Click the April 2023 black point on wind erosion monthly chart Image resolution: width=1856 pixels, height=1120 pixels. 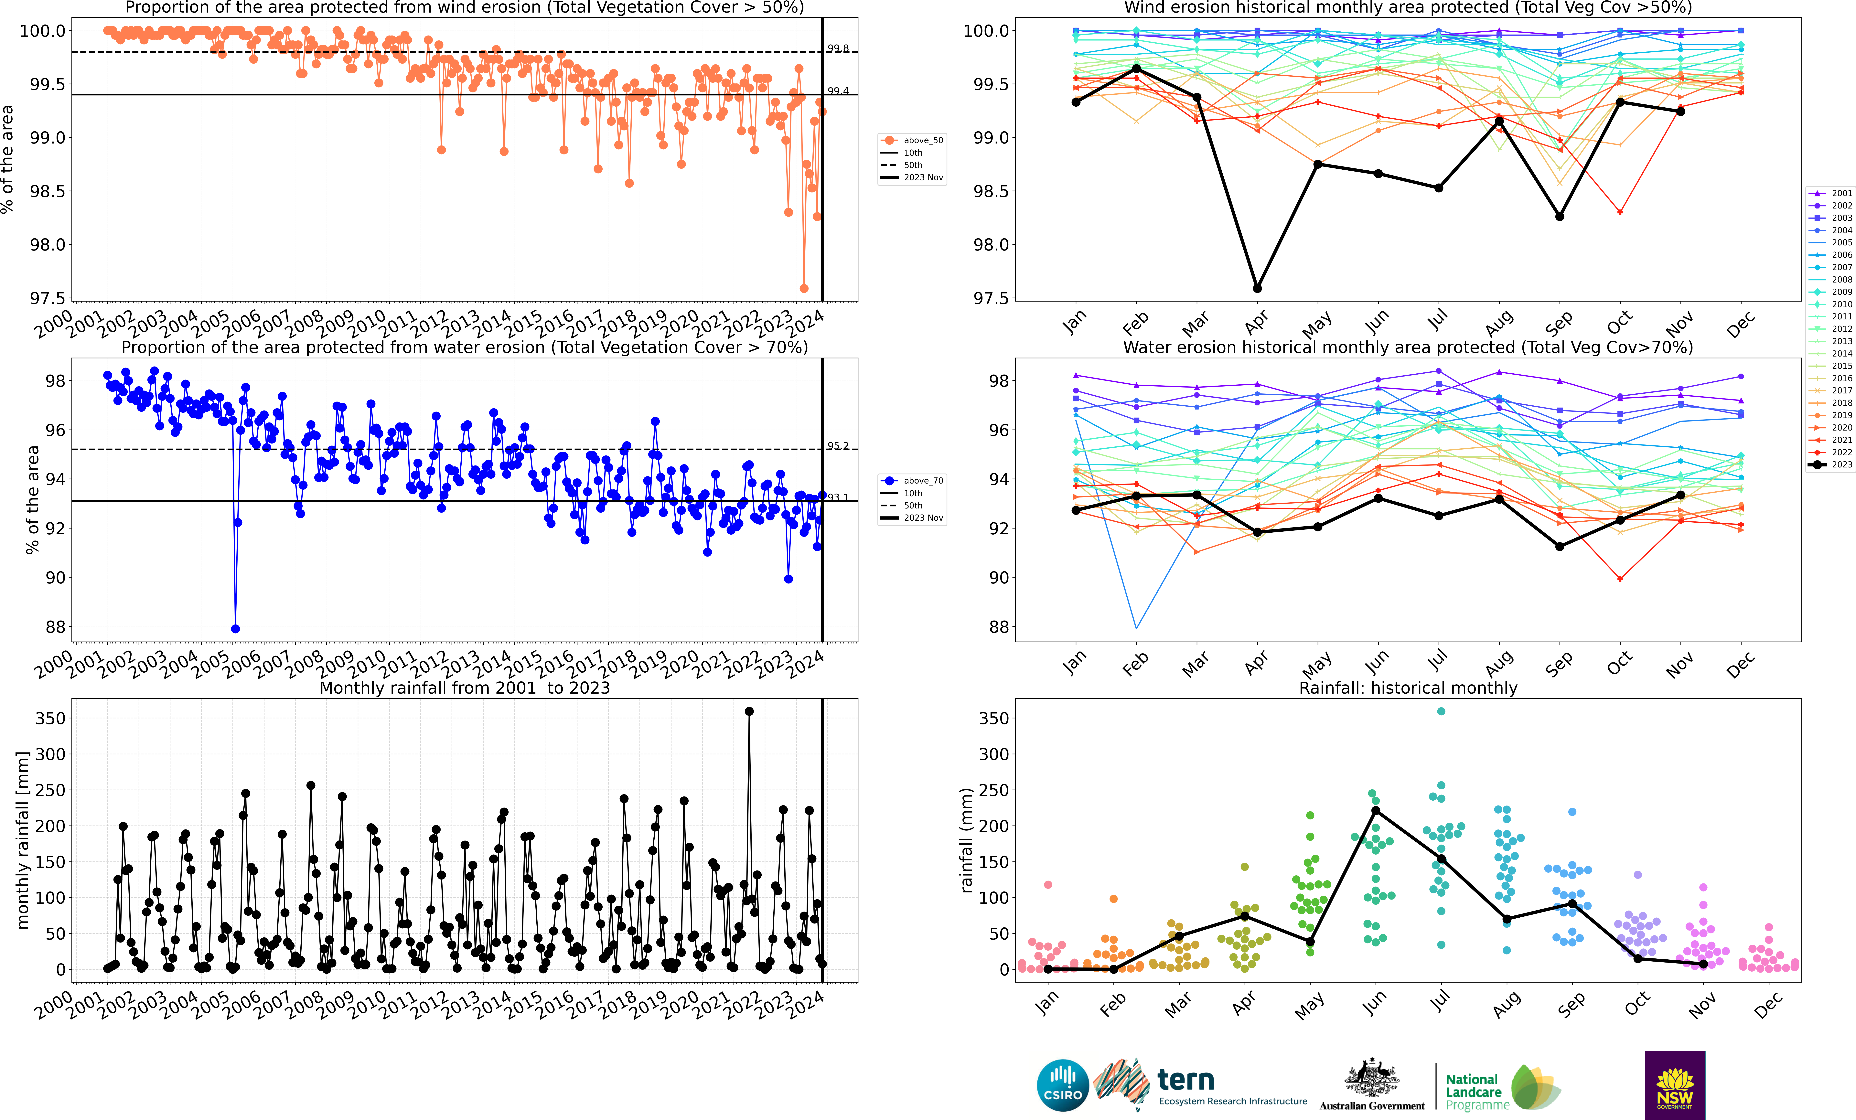tap(1257, 288)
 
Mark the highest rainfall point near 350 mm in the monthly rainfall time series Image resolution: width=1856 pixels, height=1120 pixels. tap(749, 711)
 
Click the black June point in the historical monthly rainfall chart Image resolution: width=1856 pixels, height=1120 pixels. tap(1375, 810)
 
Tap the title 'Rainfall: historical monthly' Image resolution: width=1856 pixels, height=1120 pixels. tap(1408, 688)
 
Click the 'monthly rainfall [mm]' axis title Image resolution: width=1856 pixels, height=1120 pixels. tap(23, 840)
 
